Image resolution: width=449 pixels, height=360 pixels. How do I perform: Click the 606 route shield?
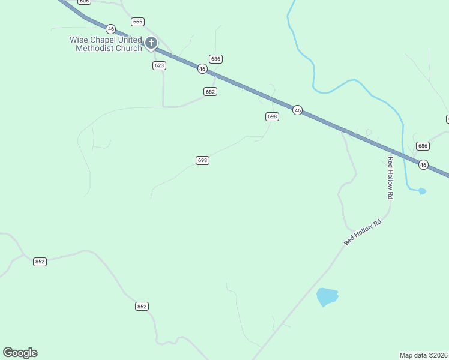pyautogui.click(x=84, y=1)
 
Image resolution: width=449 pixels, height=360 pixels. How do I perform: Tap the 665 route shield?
pyautogui.click(x=138, y=22)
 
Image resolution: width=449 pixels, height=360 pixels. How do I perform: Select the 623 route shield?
pyautogui.click(x=159, y=65)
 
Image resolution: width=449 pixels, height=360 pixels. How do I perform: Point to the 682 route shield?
pyautogui.click(x=210, y=91)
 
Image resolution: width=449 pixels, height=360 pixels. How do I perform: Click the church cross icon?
pyautogui.click(x=151, y=43)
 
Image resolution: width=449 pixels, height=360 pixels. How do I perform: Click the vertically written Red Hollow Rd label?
pyautogui.click(x=390, y=178)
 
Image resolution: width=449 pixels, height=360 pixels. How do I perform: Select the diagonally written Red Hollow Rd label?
pyautogui.click(x=363, y=232)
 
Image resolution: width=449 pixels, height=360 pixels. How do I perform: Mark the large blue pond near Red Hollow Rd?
pyautogui.click(x=327, y=296)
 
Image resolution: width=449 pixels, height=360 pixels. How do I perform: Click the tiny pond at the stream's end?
pyautogui.click(x=422, y=191)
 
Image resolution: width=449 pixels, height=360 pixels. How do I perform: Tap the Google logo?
pyautogui.click(x=20, y=353)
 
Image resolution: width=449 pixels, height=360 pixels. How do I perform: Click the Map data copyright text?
pyautogui.click(x=424, y=355)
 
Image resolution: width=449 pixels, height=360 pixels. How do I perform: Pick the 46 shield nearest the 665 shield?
pyautogui.click(x=110, y=28)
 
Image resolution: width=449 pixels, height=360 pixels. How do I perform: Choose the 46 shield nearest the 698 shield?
pyautogui.click(x=297, y=110)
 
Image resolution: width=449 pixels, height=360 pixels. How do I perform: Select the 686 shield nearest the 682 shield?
pyautogui.click(x=216, y=59)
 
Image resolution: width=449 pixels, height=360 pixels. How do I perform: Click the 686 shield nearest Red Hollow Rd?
pyautogui.click(x=423, y=146)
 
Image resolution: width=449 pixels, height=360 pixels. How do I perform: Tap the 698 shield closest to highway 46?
pyautogui.click(x=272, y=116)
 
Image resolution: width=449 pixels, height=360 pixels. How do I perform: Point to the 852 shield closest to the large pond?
pyautogui.click(x=142, y=306)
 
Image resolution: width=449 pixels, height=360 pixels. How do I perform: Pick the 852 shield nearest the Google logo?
pyautogui.click(x=40, y=262)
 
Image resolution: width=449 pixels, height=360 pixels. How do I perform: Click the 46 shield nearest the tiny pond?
pyautogui.click(x=423, y=164)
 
